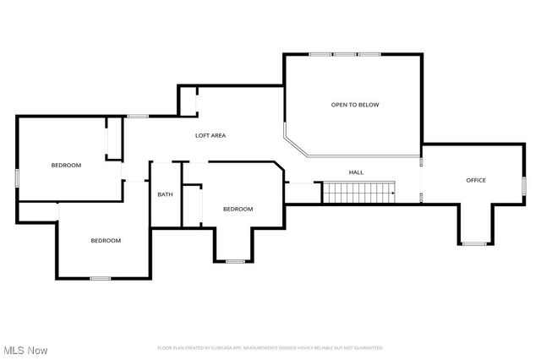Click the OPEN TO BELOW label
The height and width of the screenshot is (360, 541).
coord(354,105)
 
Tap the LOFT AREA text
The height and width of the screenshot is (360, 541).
coord(210,135)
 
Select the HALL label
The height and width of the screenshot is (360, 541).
coord(356,172)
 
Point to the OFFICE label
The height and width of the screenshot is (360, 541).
coord(476,180)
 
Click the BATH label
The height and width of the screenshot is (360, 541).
coord(165,194)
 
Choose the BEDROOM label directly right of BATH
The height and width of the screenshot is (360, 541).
coord(238,209)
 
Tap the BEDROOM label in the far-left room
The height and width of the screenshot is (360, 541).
coord(66,165)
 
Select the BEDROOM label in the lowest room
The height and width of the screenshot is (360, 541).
coord(106,240)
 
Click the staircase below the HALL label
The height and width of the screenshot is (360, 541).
coord(358,194)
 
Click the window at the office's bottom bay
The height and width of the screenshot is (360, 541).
coord(474,243)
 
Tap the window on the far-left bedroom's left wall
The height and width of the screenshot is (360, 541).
coord(18,177)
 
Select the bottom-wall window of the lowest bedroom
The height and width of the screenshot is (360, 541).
coord(101,278)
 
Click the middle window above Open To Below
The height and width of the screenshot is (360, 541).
coord(345,55)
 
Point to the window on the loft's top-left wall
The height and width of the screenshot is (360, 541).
coord(138,116)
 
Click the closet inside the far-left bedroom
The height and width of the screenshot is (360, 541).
coord(112,139)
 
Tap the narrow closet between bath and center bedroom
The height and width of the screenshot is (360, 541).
coord(193,205)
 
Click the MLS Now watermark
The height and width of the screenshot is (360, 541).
coord(25,350)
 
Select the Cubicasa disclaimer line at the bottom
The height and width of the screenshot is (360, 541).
coord(270,347)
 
